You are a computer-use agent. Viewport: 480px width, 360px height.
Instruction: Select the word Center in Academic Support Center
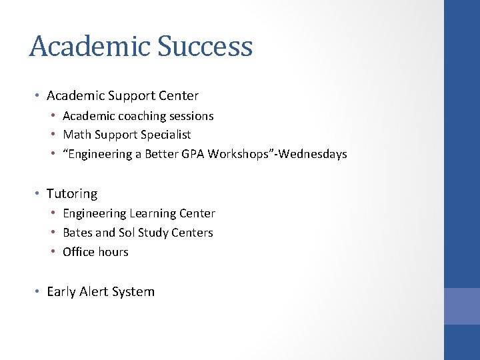click(180, 96)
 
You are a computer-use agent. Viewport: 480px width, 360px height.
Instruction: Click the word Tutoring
click(72, 194)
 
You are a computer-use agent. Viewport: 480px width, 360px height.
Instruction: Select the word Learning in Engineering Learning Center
click(151, 213)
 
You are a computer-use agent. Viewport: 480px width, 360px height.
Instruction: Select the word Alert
click(96, 292)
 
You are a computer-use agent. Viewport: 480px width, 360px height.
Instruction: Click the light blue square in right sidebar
click(462, 306)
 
